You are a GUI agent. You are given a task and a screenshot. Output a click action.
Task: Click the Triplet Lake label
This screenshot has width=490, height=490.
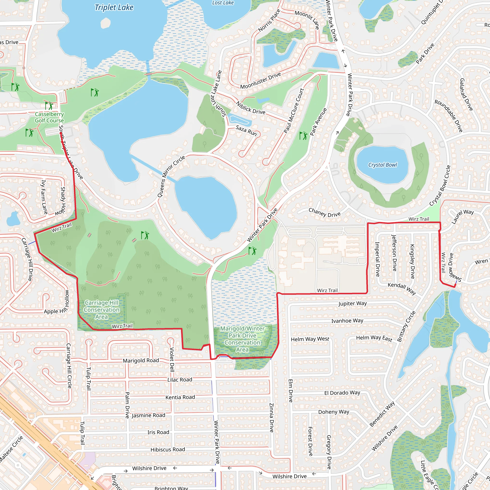114,8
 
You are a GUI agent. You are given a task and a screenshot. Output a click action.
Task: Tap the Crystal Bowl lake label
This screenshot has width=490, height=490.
383,165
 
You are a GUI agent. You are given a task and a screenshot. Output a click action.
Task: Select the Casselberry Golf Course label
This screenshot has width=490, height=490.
49,117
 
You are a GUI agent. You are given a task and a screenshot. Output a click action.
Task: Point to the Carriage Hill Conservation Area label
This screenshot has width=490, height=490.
101,310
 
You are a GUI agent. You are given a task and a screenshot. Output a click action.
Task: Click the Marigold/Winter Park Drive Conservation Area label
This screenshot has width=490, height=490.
242,339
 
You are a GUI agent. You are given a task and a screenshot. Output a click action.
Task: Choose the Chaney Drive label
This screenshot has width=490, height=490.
324,212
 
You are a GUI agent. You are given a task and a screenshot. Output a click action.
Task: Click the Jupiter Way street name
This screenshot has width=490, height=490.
352,303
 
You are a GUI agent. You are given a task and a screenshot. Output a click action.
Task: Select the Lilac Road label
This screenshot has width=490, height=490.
180,380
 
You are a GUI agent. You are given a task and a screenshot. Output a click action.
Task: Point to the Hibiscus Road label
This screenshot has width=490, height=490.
168,449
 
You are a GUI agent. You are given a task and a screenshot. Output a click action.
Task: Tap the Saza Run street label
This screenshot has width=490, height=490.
246,130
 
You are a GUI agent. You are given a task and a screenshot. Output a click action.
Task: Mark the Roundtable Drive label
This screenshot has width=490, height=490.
448,116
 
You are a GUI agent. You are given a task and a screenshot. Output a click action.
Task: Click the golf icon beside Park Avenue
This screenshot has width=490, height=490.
303,136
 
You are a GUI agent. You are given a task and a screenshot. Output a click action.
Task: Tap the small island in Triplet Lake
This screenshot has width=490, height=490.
106,23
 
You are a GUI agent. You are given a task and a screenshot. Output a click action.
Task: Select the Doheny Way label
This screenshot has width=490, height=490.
334,412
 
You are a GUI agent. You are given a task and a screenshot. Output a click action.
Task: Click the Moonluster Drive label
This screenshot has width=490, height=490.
261,81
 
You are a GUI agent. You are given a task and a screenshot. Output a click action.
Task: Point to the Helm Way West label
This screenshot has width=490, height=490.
310,339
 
